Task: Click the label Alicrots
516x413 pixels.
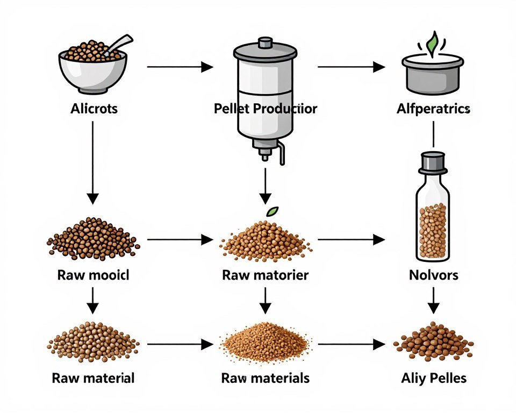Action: click(94, 109)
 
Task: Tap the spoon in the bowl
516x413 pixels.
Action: click(119, 45)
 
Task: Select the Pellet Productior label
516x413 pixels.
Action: click(265, 109)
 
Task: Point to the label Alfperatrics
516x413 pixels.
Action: click(433, 109)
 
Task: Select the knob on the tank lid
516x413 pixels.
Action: click(265, 42)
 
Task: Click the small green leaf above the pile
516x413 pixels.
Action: click(273, 211)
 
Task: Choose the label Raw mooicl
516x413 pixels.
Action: click(93, 275)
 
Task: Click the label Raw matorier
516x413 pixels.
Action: click(265, 275)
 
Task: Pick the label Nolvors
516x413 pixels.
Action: click(433, 275)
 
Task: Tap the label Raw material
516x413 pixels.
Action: click(93, 378)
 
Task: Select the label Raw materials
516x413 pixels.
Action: click(265, 378)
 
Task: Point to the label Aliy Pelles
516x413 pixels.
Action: click(433, 378)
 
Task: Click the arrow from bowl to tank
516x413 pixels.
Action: click(180, 67)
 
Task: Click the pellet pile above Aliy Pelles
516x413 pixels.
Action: click(433, 342)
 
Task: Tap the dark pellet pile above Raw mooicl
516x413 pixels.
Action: click(93, 239)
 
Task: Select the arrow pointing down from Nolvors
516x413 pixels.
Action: click(433, 300)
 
